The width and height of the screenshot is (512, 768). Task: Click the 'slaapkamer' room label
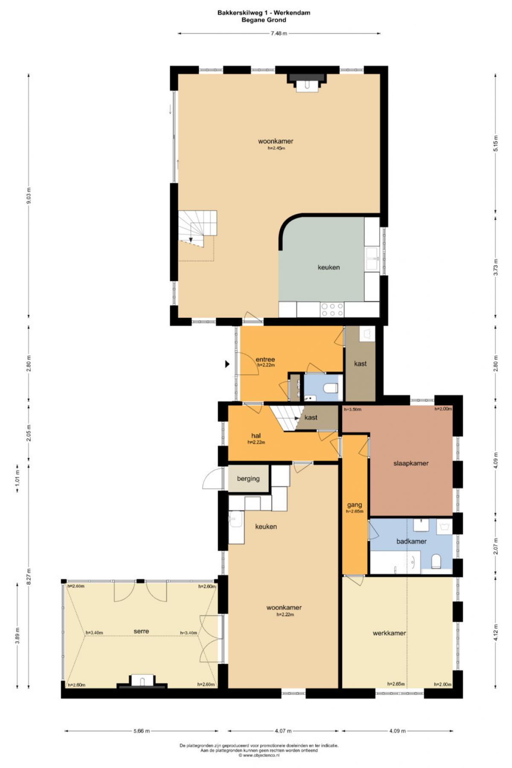point(410,463)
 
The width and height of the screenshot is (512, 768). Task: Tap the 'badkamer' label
point(411,541)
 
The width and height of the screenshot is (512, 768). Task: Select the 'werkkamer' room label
point(389,633)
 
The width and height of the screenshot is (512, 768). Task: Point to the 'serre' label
point(141,631)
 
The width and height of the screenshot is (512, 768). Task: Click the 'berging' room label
point(248,479)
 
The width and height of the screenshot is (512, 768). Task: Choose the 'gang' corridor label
point(354,505)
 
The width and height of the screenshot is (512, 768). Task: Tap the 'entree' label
point(265,359)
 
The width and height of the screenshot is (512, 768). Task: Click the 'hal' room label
point(256,436)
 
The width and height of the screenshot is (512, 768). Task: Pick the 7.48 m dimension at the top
point(279,33)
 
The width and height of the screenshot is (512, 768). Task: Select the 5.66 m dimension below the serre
point(141,731)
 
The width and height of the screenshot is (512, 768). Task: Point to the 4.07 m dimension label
point(280,731)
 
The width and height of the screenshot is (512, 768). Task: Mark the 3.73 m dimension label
point(496,267)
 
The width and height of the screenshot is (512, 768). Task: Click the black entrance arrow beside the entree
point(227,364)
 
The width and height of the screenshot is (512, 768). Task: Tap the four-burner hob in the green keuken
point(332,309)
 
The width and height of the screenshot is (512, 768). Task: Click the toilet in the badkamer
point(436,561)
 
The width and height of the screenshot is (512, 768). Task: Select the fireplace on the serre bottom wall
point(142,681)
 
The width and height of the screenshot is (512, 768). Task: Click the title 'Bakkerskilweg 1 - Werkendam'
point(264,13)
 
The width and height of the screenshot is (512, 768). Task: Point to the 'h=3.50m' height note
point(353,409)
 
